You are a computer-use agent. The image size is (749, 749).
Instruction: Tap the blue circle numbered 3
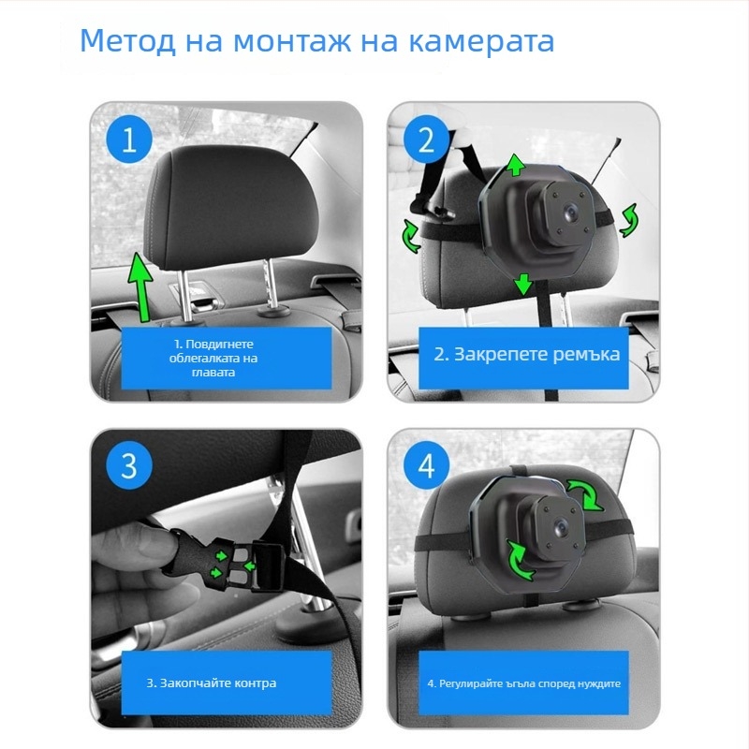pyautogui.click(x=129, y=465)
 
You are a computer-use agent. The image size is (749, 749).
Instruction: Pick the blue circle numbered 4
pyautogui.click(x=426, y=465)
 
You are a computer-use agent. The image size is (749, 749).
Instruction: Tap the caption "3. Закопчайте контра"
pyautogui.click(x=212, y=683)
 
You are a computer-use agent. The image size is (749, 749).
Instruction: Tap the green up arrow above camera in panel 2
pyautogui.click(x=515, y=166)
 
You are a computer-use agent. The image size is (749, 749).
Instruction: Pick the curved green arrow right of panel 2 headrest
pyautogui.click(x=628, y=219)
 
